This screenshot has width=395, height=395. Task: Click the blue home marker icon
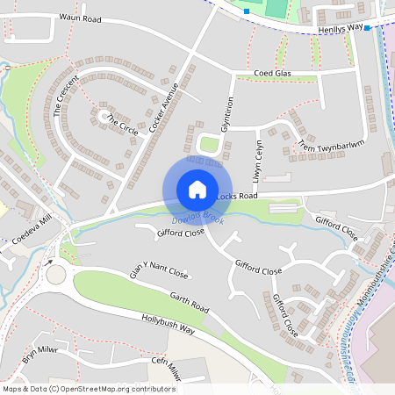click(x=197, y=190)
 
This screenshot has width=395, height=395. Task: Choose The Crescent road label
click(x=66, y=96)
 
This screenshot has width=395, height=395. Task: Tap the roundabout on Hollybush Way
click(x=57, y=273)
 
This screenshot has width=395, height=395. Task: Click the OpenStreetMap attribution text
click(x=89, y=388)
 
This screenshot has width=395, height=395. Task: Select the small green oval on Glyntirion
click(x=209, y=144)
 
